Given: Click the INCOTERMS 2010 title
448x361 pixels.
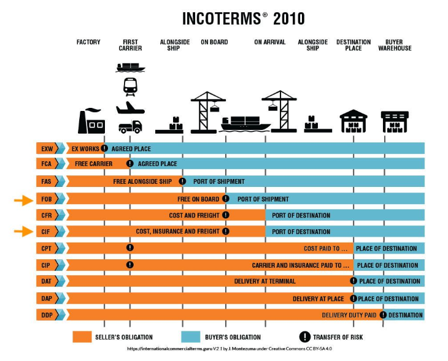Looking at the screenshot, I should (x=244, y=18).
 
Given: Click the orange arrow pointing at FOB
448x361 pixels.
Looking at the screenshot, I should (x=23, y=199).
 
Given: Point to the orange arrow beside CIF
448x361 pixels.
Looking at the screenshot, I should (x=23, y=232).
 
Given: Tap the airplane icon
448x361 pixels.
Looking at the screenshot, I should (x=130, y=108).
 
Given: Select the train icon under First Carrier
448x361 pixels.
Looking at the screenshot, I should (x=130, y=86).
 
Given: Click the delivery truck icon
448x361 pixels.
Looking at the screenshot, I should (x=130, y=127).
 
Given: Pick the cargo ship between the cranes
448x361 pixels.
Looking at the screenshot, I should (x=244, y=124).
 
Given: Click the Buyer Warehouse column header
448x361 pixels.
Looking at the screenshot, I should (x=395, y=45).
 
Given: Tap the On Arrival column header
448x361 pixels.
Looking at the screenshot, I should (x=270, y=42).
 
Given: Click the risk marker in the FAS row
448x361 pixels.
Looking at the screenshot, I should (x=182, y=181).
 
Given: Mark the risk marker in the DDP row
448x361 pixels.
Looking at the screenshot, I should (x=384, y=315).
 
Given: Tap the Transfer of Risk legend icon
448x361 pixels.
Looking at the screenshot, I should (x=304, y=336).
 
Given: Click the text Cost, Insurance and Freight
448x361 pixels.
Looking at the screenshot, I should (x=177, y=232).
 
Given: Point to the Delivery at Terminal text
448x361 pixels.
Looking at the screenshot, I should (x=265, y=281).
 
